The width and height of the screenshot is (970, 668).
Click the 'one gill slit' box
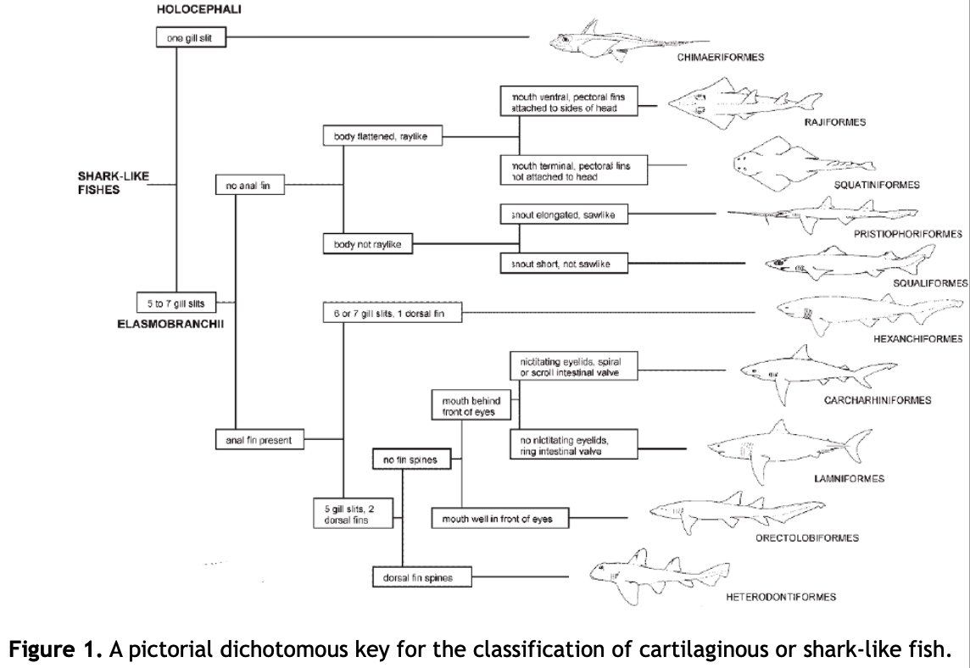click(191, 38)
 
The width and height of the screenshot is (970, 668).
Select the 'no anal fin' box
click(250, 185)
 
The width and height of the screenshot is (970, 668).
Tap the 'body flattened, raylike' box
click(383, 136)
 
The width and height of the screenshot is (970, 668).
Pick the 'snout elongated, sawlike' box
click(564, 214)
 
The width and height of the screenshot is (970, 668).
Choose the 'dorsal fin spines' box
click(422, 577)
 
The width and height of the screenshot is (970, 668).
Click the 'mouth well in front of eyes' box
click(500, 518)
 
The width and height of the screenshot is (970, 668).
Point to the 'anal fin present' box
click(259, 440)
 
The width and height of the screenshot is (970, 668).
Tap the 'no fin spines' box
click(410, 459)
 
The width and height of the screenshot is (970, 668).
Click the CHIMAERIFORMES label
click(721, 57)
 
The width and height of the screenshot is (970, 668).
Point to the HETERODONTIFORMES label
click(781, 597)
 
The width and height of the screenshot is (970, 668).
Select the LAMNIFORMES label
click(850, 478)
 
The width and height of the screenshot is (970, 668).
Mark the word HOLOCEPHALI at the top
click(198, 9)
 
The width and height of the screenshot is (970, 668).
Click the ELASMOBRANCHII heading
click(170, 324)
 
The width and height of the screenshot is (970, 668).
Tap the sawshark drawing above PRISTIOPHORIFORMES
click(822, 214)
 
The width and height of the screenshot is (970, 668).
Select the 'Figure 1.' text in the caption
click(56, 649)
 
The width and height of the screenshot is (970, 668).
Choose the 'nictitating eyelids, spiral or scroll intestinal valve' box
click(574, 366)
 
